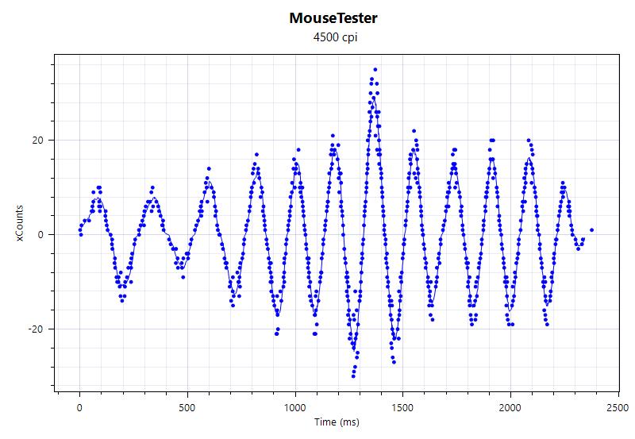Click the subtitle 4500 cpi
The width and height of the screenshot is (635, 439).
[x=334, y=37]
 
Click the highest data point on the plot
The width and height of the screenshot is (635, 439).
[x=375, y=70]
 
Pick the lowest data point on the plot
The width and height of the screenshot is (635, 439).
[x=352, y=375]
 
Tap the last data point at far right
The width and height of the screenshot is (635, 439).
[x=592, y=230]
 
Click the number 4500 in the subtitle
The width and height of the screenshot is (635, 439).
[x=325, y=37]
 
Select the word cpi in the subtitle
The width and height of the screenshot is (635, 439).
[x=347, y=37]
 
